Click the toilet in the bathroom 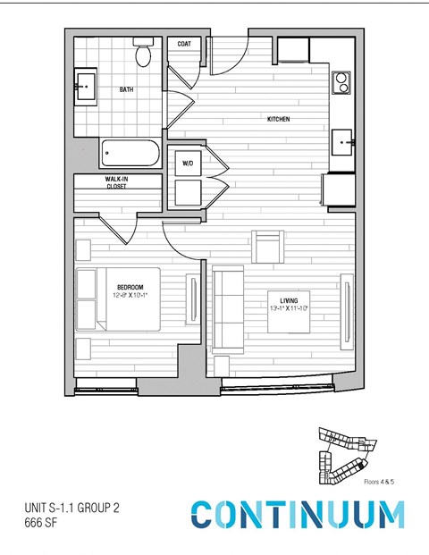(144, 55)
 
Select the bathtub (130, 153)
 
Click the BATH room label (128, 89)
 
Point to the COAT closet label (184, 43)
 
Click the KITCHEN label (278, 120)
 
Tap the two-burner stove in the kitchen (341, 83)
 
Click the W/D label (188, 164)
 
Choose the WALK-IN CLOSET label (116, 183)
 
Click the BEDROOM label (130, 286)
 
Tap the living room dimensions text (290, 308)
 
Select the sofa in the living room (228, 308)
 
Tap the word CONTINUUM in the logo (297, 515)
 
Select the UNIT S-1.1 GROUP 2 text (71, 508)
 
